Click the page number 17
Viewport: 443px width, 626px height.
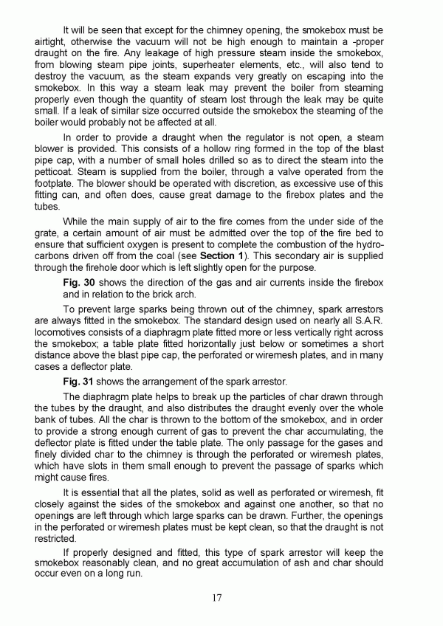point(216,598)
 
